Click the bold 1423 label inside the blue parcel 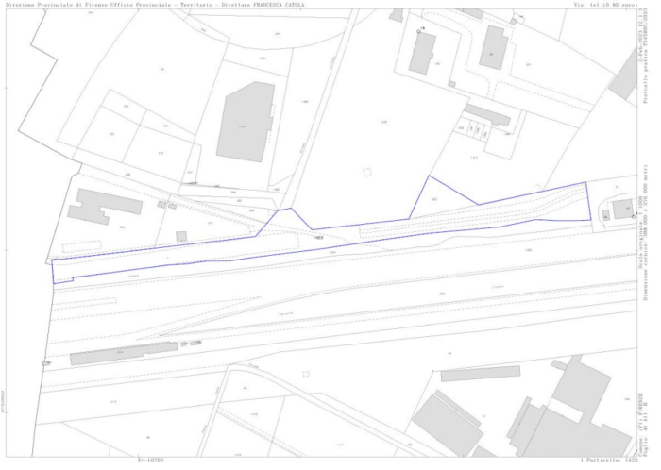(x=318, y=238)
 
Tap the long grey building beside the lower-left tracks (x=123, y=355)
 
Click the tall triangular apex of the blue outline (x=431, y=176)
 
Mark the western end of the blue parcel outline (x=54, y=270)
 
